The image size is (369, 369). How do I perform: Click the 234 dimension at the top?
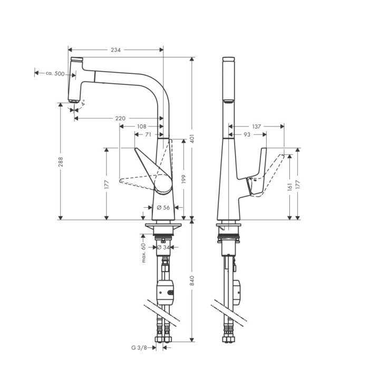pyautogui.click(x=115, y=50)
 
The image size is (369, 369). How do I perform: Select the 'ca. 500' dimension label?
pyautogui.click(x=55, y=73)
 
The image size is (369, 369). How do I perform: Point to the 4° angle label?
pyautogui.click(x=83, y=103)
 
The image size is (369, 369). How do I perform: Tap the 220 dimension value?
pyautogui.click(x=120, y=118)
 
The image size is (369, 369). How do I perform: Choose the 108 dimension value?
pyautogui.click(x=142, y=127)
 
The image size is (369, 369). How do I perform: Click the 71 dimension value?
pyautogui.click(x=149, y=135)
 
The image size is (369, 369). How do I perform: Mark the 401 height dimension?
pyautogui.click(x=192, y=139)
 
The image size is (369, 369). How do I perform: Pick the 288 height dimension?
pyautogui.click(x=61, y=160)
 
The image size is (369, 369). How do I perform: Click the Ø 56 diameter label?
pyautogui.click(x=163, y=208)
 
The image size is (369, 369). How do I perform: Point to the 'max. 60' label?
pyautogui.click(x=143, y=253)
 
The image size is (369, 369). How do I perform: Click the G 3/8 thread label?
pyautogui.click(x=138, y=347)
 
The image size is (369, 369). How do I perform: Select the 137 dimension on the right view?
pyautogui.click(x=257, y=127)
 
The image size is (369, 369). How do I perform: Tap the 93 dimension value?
pyautogui.click(x=247, y=135)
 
